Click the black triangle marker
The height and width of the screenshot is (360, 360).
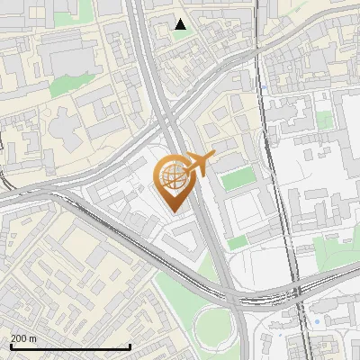pyautogui.click(x=181, y=24)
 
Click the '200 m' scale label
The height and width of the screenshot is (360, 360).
pyautogui.click(x=23, y=338)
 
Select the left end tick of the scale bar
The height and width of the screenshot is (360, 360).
pyautogui.click(x=10, y=346)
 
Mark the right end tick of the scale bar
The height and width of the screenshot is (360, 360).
pyautogui.click(x=131, y=346)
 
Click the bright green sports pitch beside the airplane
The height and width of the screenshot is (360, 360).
pyautogui.click(x=238, y=179)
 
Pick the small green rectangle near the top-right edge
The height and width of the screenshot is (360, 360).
pyautogui.click(x=324, y=120)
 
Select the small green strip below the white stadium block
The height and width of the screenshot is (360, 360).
pyautogui.click(x=237, y=243)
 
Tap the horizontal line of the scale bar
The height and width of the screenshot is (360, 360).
pyautogui.click(x=70, y=346)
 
